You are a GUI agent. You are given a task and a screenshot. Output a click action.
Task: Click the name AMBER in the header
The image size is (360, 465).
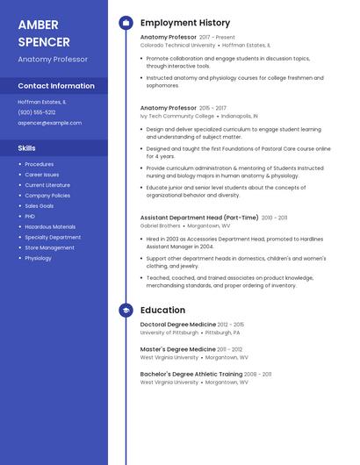click(x=38, y=25)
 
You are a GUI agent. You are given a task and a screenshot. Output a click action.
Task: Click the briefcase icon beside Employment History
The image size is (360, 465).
click(x=126, y=23)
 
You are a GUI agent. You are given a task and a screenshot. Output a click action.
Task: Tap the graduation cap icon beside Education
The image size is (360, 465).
click(x=126, y=310)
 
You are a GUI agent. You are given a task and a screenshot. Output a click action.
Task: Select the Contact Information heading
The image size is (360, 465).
click(x=56, y=86)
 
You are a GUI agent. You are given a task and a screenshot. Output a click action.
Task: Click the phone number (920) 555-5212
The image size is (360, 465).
click(x=37, y=112)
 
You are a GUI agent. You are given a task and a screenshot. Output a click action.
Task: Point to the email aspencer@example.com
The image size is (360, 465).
click(x=50, y=123)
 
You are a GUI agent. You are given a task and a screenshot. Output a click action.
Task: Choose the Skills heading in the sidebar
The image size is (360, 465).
click(x=27, y=148)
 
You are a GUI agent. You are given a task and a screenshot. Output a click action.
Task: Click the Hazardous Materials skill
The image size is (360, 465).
click(x=50, y=227)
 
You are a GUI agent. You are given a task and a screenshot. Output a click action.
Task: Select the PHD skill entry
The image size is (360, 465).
click(x=30, y=217)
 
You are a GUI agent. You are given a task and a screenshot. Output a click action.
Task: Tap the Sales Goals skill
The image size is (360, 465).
click(x=40, y=206)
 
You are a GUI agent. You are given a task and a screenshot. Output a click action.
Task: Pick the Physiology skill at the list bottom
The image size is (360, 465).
click(x=38, y=259)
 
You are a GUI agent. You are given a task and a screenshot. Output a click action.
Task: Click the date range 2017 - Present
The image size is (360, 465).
click(x=217, y=38)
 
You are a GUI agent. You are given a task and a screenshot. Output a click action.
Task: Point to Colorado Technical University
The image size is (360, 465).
click(x=177, y=45)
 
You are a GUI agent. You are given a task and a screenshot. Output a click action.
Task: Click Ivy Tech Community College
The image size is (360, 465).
click(x=177, y=116)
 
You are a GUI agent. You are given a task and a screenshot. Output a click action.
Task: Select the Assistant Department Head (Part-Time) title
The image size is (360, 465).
click(x=199, y=218)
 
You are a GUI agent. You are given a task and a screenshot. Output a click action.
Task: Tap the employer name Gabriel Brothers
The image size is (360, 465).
click(x=161, y=225)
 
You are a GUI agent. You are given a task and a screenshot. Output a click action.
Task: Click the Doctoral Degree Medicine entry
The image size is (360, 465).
click(x=178, y=325)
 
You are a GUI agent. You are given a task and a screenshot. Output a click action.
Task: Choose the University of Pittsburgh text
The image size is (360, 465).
click(x=169, y=333)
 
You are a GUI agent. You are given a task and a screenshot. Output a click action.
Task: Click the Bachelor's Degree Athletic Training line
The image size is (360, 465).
click(x=191, y=374)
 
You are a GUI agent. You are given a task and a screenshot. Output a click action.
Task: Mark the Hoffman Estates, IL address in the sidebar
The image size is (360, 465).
click(x=42, y=102)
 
